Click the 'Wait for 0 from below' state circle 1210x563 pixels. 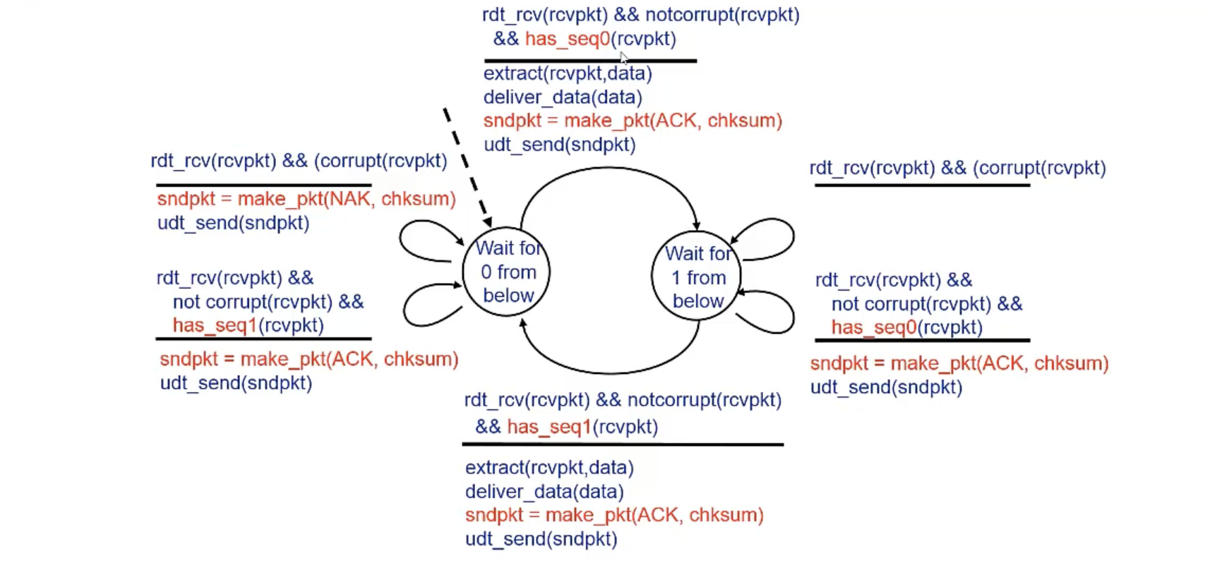[x=506, y=272]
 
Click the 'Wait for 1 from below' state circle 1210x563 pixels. [x=697, y=277]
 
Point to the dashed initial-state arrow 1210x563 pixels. [x=466, y=162]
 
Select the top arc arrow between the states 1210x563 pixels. [x=609, y=168]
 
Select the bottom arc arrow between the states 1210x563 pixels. [x=609, y=372]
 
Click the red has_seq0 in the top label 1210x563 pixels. [x=567, y=39]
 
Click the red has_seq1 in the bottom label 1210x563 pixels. [x=549, y=427]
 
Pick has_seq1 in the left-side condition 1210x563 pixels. [x=215, y=325]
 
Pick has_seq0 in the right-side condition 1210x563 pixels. [x=873, y=327]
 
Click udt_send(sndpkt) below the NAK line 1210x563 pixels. [x=233, y=223]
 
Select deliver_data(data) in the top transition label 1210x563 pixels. [x=563, y=97]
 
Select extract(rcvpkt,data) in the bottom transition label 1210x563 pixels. [x=549, y=468]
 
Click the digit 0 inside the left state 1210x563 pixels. [x=486, y=272]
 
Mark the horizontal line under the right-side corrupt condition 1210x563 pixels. [x=922, y=186]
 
